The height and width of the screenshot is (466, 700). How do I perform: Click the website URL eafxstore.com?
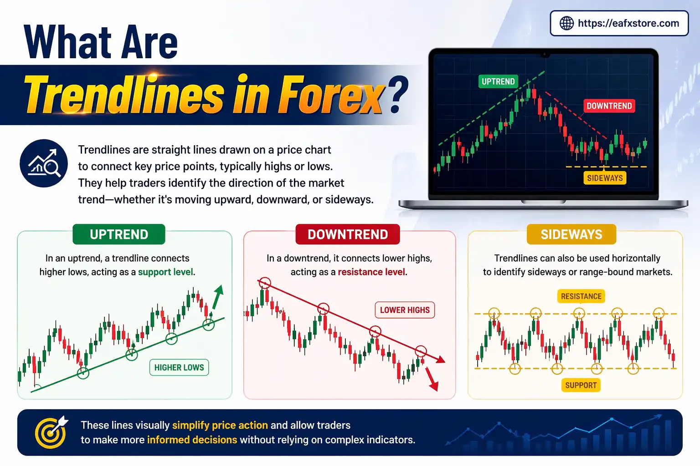[628, 23]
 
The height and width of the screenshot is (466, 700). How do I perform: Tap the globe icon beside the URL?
[566, 23]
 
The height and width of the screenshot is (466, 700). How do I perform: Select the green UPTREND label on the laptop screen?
[498, 81]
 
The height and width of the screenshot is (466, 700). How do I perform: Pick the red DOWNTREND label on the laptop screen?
[609, 106]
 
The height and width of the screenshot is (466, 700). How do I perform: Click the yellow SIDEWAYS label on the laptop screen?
[605, 178]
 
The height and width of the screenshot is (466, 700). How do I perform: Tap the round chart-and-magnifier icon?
[44, 163]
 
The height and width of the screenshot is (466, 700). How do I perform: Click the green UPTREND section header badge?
[119, 234]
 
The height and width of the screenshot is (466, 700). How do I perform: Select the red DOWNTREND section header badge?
[348, 234]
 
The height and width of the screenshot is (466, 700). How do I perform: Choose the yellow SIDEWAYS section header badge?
[571, 234]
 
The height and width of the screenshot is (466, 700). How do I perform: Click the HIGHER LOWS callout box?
[179, 367]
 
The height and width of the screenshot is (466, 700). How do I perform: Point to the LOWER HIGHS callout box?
[405, 310]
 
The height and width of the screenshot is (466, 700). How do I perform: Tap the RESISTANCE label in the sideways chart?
[581, 296]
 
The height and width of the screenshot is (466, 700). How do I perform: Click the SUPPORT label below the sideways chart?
[581, 385]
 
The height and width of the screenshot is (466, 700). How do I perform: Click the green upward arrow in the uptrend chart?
[217, 296]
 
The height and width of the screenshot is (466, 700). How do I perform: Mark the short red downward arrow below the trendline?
[431, 379]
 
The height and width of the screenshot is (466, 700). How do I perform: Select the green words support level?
[166, 272]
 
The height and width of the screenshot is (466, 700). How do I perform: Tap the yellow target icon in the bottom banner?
[50, 432]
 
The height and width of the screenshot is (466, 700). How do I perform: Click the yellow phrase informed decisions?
[192, 440]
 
